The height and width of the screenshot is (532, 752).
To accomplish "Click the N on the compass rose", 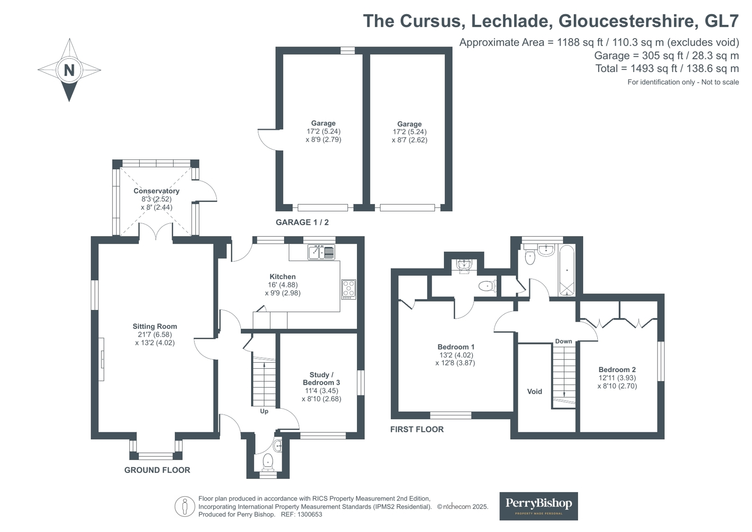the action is click(x=69, y=71).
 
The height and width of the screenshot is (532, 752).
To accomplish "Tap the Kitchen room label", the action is click(x=283, y=277).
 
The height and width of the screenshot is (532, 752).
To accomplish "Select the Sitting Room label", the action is click(x=155, y=326).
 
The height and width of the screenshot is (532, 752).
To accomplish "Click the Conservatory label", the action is click(x=157, y=191).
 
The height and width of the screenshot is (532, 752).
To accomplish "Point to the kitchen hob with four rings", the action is click(x=349, y=289).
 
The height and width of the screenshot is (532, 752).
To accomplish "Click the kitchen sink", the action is click(x=321, y=253).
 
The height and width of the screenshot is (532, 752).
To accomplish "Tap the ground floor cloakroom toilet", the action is click(x=268, y=462).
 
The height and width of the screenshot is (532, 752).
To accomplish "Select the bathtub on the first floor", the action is click(x=567, y=270).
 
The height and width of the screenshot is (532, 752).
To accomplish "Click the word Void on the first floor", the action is click(x=534, y=391).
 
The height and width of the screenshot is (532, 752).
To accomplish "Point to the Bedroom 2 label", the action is click(x=617, y=369).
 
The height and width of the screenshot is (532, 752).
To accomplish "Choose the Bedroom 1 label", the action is click(x=456, y=347).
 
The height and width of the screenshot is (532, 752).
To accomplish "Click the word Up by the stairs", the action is click(x=264, y=412).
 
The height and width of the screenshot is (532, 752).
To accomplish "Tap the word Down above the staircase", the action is click(x=563, y=341).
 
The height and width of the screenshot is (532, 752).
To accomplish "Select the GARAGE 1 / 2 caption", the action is click(x=302, y=222).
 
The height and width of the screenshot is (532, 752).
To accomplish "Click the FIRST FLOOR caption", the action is click(x=417, y=429).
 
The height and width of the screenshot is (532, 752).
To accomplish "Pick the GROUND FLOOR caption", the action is click(x=157, y=470).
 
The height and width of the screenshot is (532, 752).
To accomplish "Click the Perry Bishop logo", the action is click(x=538, y=506).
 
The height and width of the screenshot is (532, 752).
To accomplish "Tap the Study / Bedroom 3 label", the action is click(x=321, y=379).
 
